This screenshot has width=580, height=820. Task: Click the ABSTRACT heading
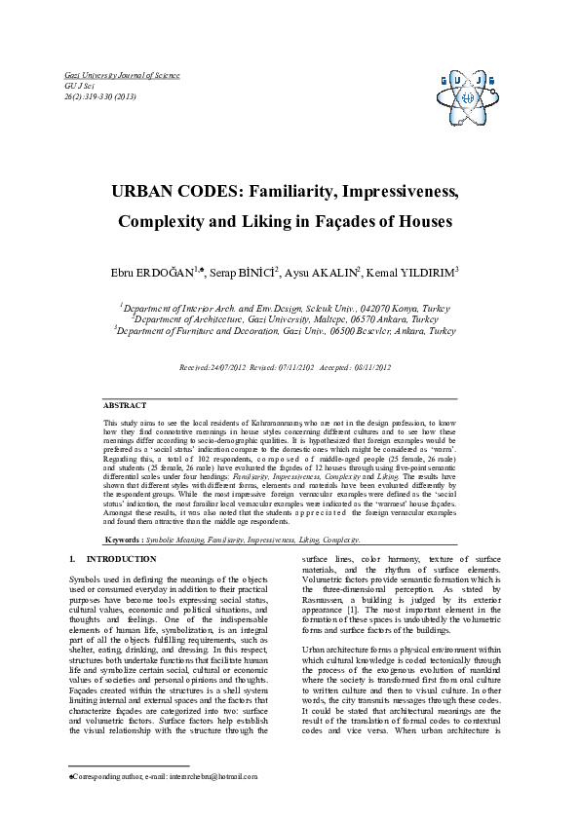click(125, 405)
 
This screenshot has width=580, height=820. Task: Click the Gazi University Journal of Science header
click(121, 75)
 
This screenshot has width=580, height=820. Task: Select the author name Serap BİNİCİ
click(243, 272)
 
